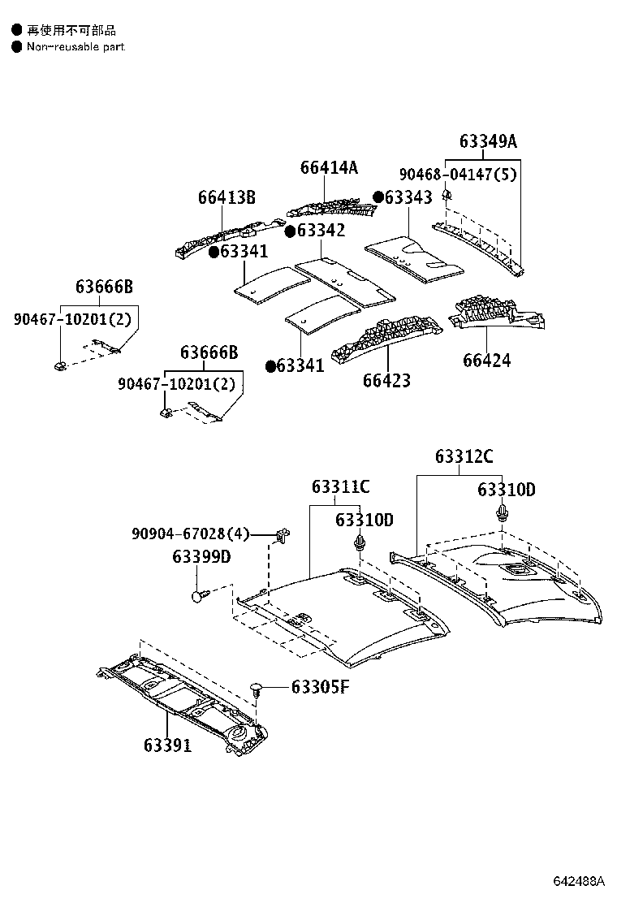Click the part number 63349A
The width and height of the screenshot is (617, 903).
(487, 141)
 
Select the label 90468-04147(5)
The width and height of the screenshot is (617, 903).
(458, 174)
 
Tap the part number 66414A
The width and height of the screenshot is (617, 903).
(329, 167)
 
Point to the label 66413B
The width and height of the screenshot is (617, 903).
(227, 197)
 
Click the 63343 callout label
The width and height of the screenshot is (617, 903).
(409, 197)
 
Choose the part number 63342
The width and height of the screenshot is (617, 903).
(321, 231)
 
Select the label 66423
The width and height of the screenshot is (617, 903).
(386, 380)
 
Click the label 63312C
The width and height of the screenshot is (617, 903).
(463, 456)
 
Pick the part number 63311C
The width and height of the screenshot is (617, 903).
(340, 486)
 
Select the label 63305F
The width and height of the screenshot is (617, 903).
(320, 688)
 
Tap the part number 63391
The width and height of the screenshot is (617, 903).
(168, 745)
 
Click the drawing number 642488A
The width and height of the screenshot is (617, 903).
(580, 881)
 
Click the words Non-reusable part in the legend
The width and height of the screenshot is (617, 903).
(76, 47)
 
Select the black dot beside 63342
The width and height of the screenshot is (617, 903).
(290, 231)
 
